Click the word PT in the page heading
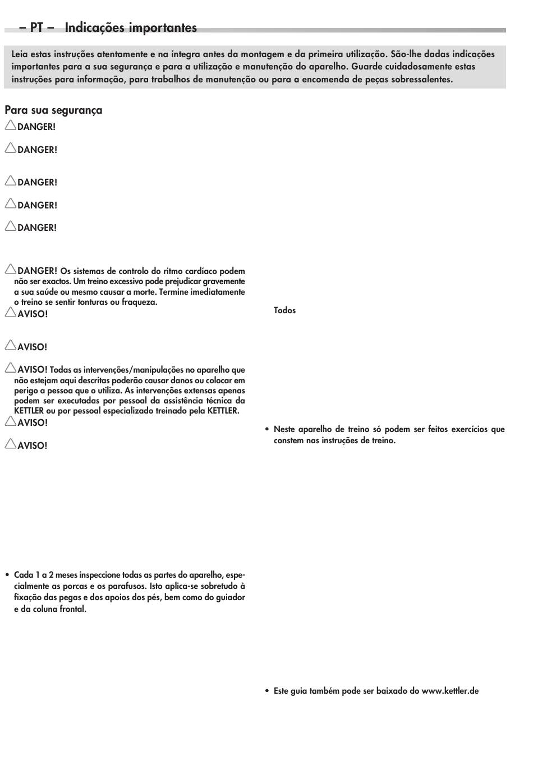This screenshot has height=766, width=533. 36,27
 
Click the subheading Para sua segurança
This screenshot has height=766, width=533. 53,110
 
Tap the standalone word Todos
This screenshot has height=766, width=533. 284,310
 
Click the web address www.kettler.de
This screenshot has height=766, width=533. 450,691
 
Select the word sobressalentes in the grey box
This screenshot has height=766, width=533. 417,80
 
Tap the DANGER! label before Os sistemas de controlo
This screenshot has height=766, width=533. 37,271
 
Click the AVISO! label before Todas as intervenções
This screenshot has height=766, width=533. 33,370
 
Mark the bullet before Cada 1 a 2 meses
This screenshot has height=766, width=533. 7,575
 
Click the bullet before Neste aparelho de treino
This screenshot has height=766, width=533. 267,430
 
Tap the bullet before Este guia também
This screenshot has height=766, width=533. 267,691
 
